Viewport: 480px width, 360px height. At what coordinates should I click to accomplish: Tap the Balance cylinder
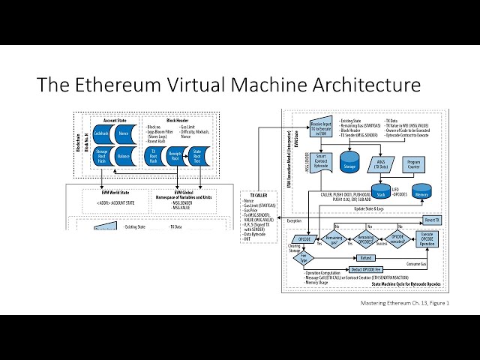124,156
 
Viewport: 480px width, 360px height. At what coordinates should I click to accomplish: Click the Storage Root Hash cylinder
102,156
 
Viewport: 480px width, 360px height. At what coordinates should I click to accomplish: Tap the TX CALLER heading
256,193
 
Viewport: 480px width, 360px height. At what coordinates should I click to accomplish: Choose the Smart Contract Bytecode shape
319,158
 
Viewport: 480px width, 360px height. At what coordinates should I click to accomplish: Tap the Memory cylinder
421,192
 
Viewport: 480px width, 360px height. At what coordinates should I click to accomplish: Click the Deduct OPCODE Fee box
367,269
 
